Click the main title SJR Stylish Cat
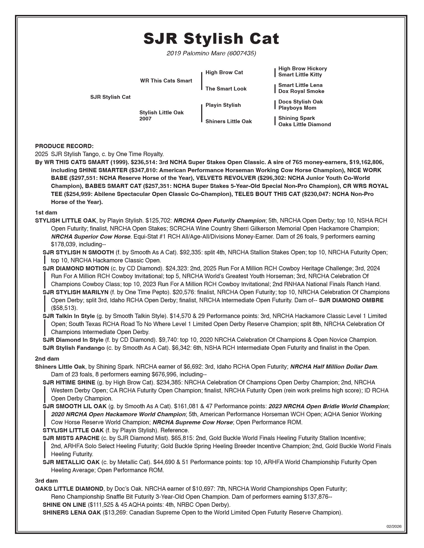(211, 38)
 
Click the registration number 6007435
(241, 53)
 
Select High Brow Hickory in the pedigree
(303, 68)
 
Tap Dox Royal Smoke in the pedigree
(301, 91)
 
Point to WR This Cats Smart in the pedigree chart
(166, 81)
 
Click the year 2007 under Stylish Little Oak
(145, 119)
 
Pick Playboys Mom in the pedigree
(297, 108)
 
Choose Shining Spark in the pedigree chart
(297, 118)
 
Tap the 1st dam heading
(46, 213)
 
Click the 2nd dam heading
(47, 359)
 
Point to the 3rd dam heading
(46, 481)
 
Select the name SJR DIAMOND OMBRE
(351, 300)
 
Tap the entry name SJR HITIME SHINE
(68, 382)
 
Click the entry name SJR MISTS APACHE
(71, 438)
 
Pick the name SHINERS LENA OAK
(72, 513)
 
